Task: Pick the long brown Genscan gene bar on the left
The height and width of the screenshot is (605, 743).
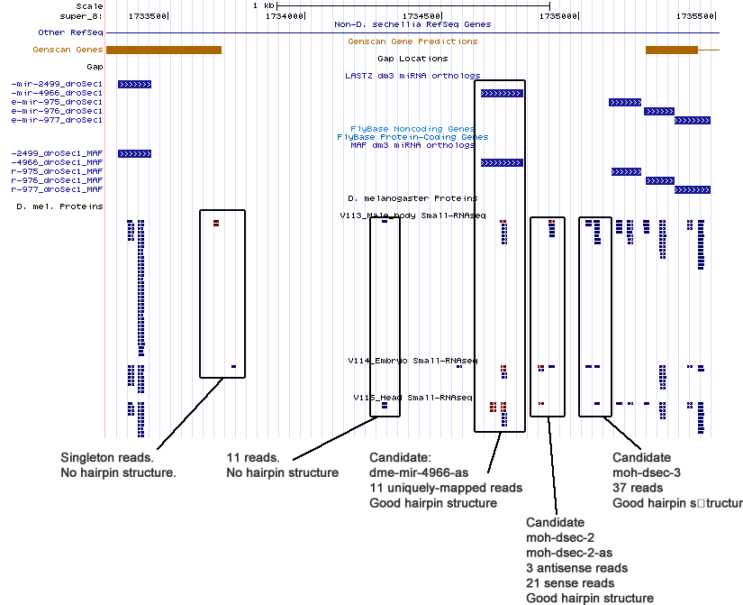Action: tap(164, 50)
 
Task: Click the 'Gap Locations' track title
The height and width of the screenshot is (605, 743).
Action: tap(412, 59)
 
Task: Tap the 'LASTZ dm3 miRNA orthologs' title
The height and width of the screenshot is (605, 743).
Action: tap(412, 76)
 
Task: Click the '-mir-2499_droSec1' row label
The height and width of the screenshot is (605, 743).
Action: tap(57, 85)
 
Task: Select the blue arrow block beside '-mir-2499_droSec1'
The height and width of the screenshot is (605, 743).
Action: tap(134, 85)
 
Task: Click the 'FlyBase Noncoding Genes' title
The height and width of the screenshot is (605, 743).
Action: tap(412, 129)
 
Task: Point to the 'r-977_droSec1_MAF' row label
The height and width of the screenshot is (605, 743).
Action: tap(57, 189)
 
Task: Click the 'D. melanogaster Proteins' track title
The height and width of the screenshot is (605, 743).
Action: tap(412, 197)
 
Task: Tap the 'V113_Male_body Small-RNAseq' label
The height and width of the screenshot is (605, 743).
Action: tap(412, 215)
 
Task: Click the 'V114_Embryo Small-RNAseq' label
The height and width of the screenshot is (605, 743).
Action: tap(412, 361)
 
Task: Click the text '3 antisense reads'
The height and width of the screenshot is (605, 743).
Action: tap(576, 567)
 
